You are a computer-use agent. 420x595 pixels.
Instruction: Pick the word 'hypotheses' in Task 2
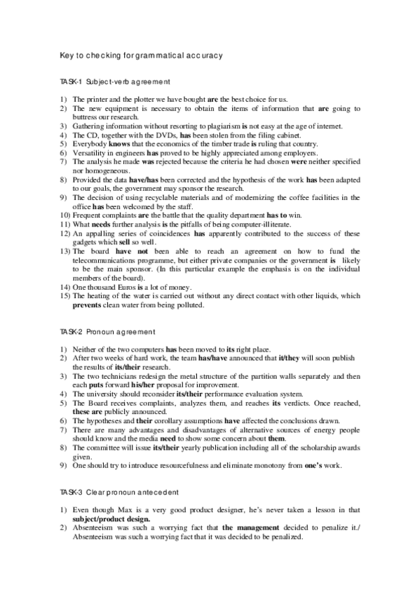point(102,420)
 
